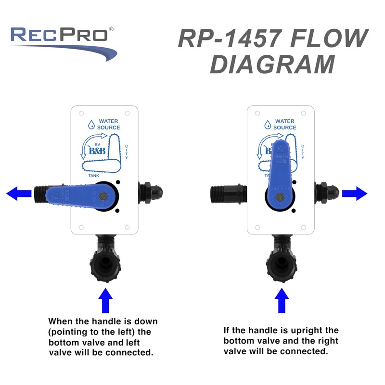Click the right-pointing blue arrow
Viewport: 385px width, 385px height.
click(x=355, y=194)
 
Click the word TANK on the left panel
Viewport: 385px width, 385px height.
click(x=94, y=176)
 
